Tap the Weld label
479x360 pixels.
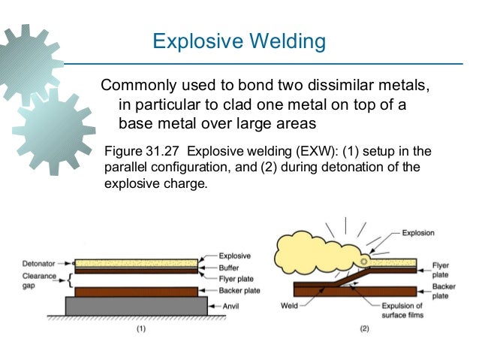(291, 306)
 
